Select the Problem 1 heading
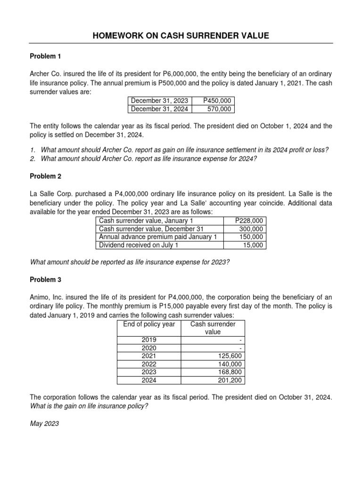coord(46,56)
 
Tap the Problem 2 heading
coord(46,176)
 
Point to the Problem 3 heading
coord(46,280)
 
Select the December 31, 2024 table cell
coord(159,109)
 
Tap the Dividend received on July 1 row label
coord(133,245)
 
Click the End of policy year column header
coord(149,324)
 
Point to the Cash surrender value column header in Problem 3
coord(213,328)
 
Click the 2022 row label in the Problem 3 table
coord(149,364)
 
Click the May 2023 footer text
coord(44,424)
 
